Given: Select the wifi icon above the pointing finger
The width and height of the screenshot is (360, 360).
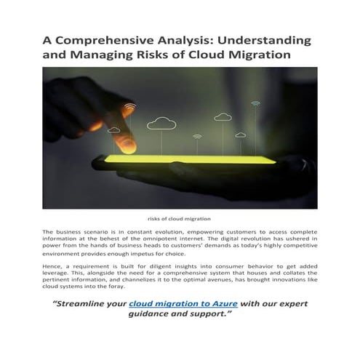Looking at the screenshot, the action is tap(129, 111).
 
